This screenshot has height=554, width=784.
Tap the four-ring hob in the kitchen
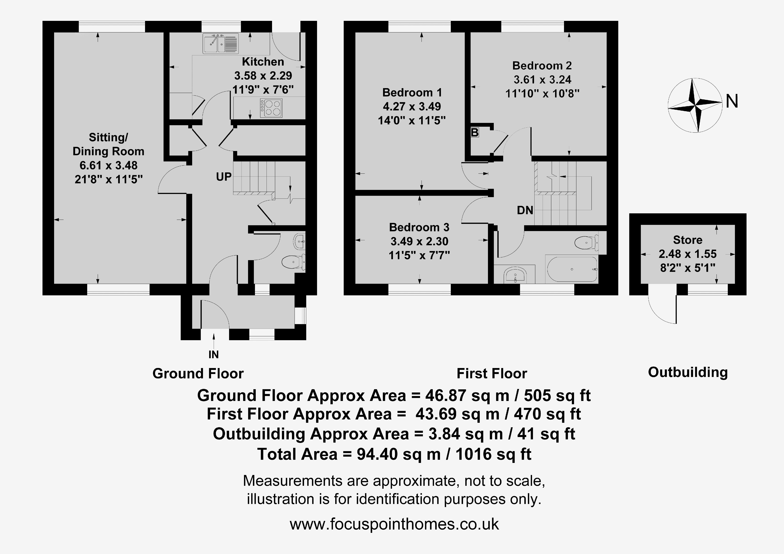pos(271,108)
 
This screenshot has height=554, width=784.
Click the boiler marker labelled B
pos(475,132)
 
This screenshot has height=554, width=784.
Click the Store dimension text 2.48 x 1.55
pos(688,254)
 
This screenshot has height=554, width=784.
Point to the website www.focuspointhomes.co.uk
pos(394,524)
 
